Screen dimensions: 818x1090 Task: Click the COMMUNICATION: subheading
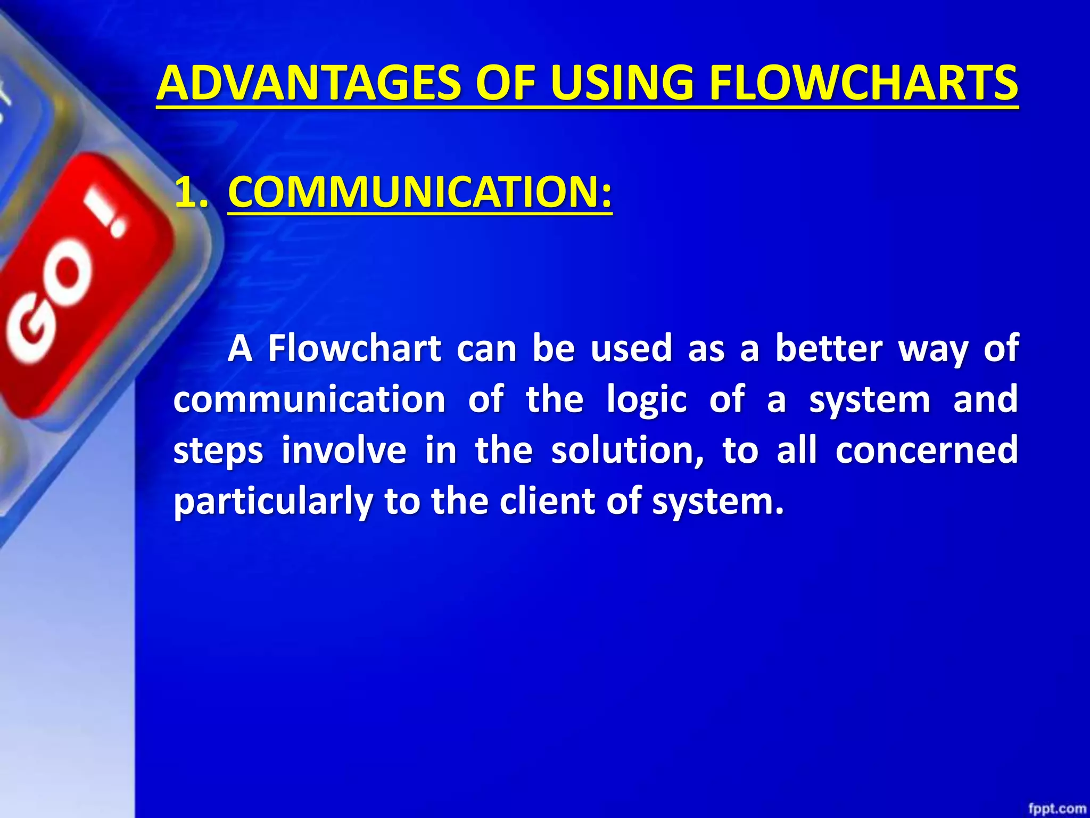click(x=420, y=192)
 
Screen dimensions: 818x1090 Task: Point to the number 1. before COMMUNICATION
click(x=191, y=192)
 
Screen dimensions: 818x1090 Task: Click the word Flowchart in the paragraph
click(x=354, y=349)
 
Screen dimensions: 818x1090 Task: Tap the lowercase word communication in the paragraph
click(x=309, y=399)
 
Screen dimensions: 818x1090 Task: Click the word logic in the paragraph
click(x=647, y=399)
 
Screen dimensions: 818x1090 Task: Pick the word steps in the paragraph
click(x=218, y=451)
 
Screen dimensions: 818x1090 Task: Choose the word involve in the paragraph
click(x=344, y=451)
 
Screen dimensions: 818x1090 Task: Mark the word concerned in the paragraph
click(x=926, y=451)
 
